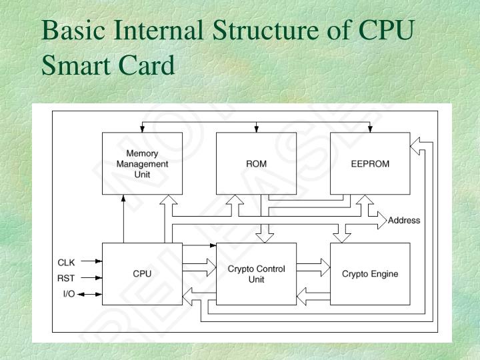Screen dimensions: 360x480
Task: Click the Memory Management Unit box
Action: [142, 163]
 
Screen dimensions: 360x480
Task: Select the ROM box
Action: [256, 163]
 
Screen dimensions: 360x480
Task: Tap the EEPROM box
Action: [370, 163]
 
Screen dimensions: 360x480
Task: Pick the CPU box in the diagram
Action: [142, 273]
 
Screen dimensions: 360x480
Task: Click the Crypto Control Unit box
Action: [256, 273]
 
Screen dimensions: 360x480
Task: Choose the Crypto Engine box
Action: [370, 273]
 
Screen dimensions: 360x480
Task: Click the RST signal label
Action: [67, 279]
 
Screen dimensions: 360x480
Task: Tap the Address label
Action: [404, 221]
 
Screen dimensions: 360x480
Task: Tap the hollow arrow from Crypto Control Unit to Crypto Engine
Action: [313, 268]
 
